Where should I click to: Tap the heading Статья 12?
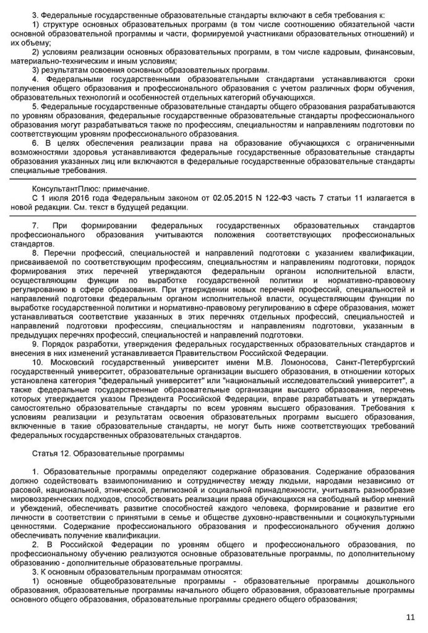coord(53,454)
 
